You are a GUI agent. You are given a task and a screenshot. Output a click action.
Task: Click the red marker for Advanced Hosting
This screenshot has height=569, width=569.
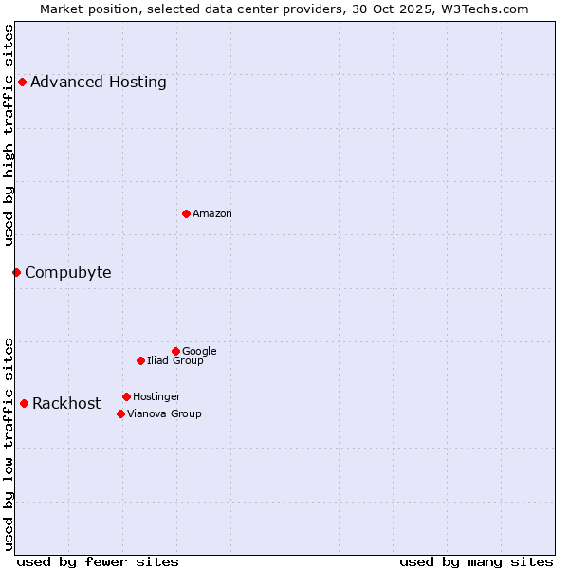point(22,82)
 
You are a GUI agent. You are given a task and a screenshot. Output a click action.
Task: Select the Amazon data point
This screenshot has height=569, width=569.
point(186,213)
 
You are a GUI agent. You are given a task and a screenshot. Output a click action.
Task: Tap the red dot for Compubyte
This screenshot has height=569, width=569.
point(16,272)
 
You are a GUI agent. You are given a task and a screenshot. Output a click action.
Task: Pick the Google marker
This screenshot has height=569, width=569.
point(175,351)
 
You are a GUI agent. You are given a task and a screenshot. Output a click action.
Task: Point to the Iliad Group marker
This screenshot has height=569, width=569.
point(140,360)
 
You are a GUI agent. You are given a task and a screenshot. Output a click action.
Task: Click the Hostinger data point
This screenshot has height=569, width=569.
point(126,396)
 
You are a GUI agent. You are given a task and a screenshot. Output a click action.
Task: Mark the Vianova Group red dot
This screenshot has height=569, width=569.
point(120,413)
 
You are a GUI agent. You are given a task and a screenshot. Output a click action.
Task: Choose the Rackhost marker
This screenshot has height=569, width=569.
point(24,403)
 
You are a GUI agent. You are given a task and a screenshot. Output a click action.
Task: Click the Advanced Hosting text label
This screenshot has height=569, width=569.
point(99,82)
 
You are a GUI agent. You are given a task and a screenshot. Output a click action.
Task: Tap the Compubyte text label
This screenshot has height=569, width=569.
point(68,273)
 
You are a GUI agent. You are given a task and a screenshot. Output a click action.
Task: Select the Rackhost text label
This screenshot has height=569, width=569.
point(66,404)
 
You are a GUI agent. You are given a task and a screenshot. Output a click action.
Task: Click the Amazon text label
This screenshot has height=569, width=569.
point(212,214)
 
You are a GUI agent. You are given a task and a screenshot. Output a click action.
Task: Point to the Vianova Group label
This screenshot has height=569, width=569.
point(164,414)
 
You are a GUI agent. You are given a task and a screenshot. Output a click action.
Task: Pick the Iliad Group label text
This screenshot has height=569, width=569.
point(175,361)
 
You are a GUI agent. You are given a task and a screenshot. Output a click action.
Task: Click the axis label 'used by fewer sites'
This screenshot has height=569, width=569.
point(98,561)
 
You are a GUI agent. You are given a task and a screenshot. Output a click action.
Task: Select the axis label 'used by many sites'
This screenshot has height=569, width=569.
point(476,561)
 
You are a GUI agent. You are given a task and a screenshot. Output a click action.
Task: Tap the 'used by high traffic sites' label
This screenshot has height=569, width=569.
point(9,135)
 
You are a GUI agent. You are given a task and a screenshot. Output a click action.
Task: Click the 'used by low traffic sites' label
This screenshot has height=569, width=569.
point(9,443)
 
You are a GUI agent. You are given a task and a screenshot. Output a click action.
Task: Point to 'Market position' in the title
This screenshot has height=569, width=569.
point(85,9)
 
